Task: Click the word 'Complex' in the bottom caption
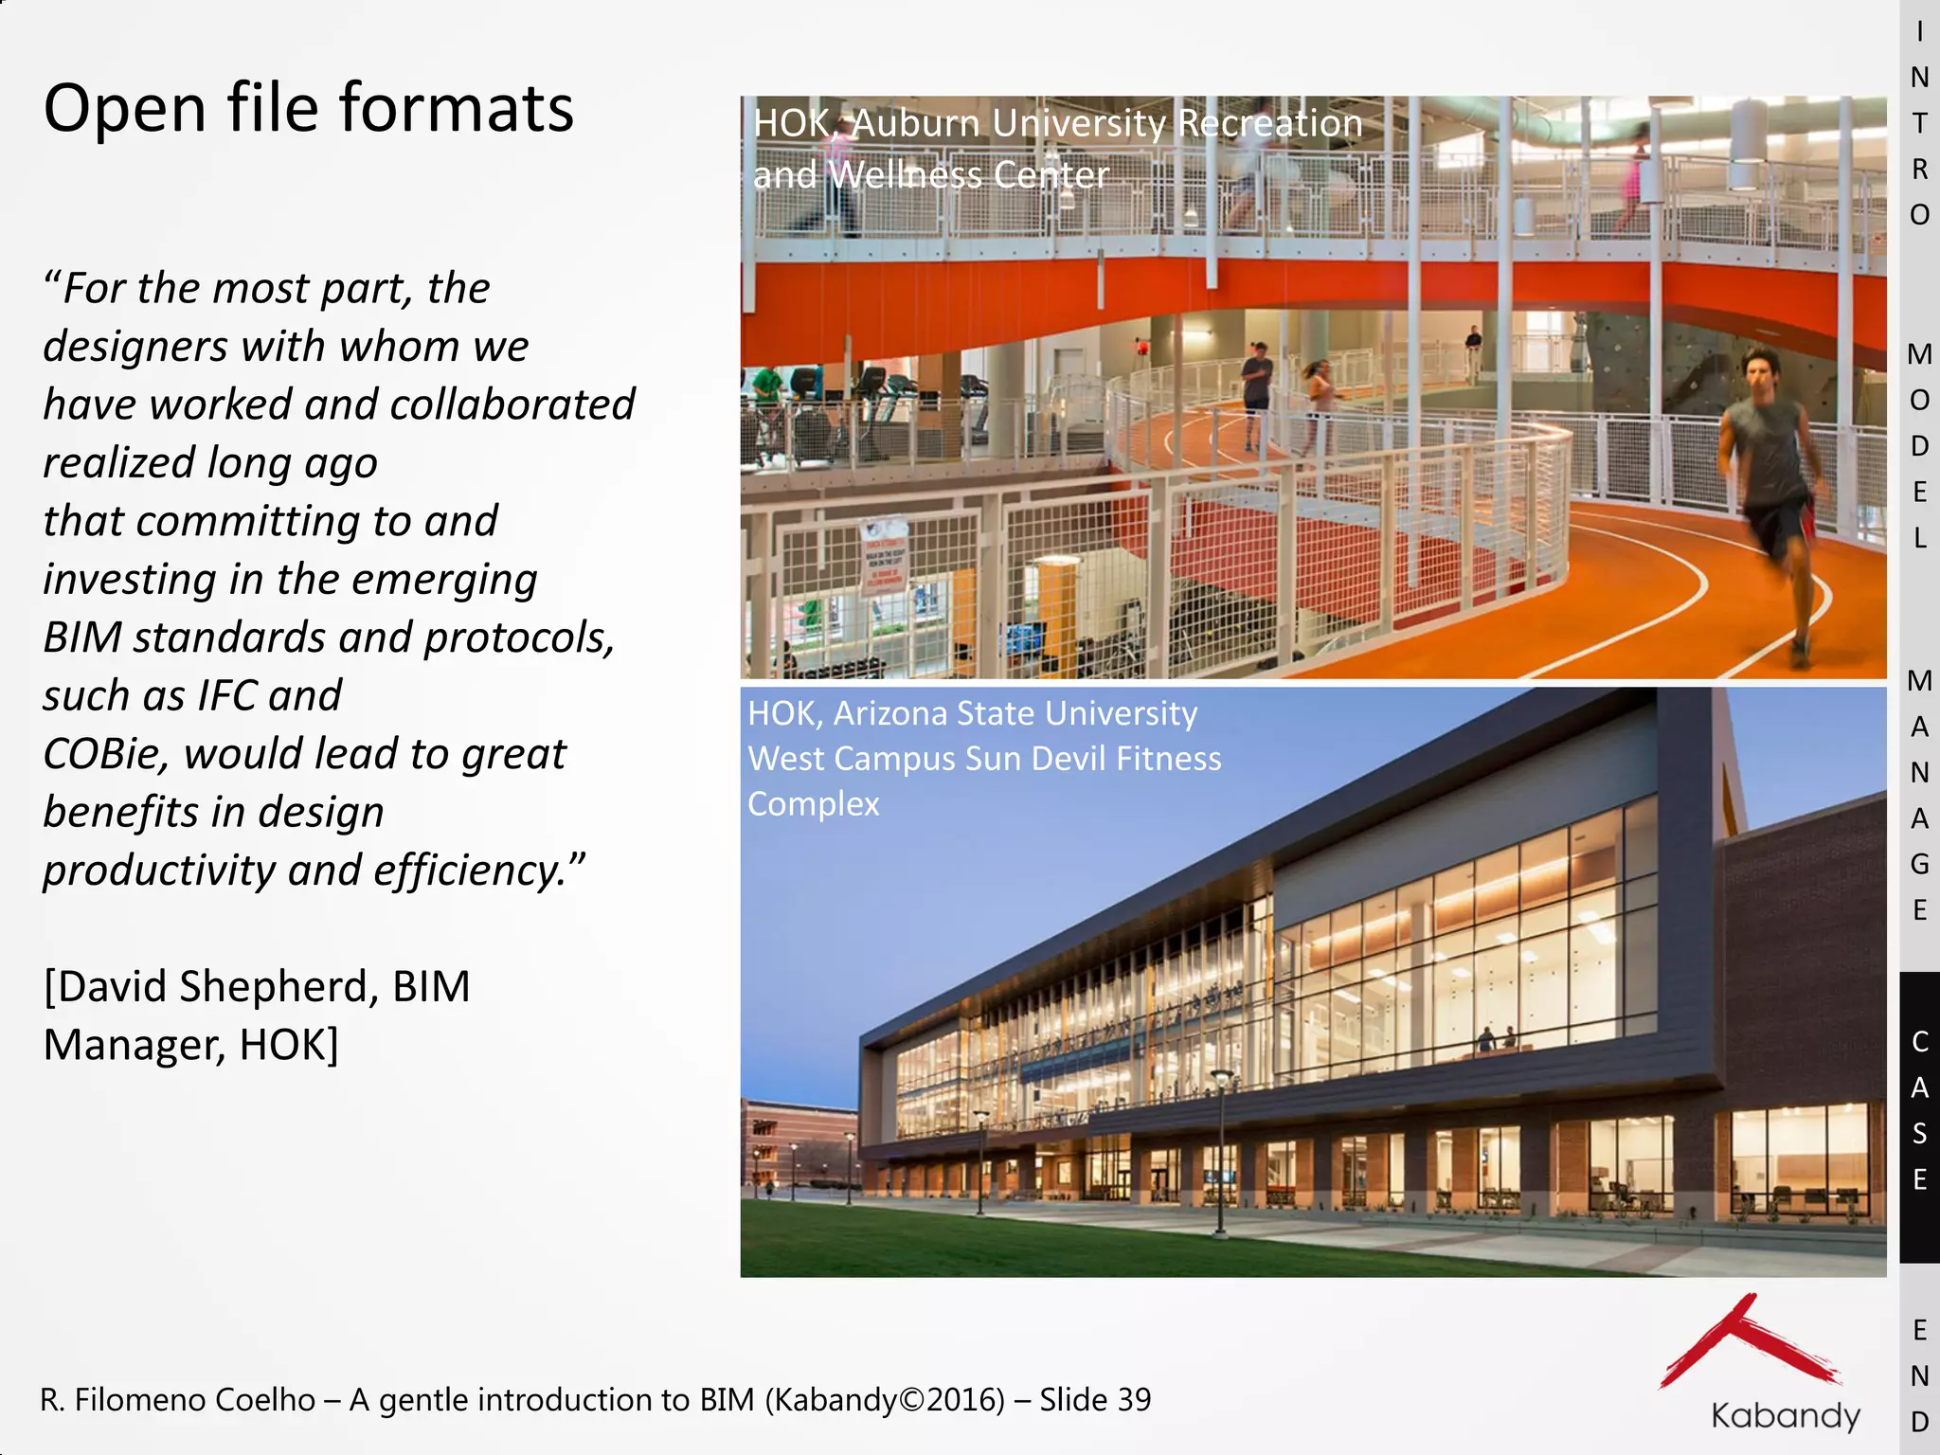813,804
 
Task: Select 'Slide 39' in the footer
1095,1399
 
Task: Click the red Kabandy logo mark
1748,1345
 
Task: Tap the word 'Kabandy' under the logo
1786,1416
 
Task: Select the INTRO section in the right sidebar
1919,123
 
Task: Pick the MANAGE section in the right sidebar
1919,796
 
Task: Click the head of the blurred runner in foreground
1759,369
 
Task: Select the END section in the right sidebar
1919,1375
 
